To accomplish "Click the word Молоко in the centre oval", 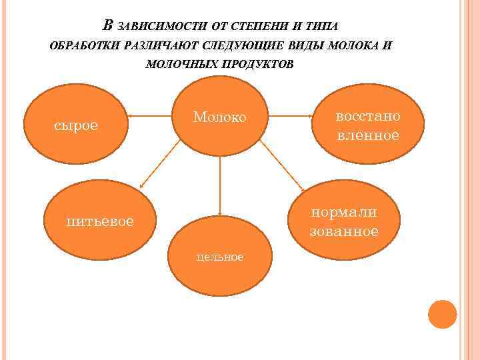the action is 220,117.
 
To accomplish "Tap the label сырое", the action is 76,125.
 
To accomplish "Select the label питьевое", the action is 100,221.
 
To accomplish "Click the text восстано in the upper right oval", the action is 368,116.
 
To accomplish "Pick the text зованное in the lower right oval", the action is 344,232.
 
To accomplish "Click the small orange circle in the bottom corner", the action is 443,314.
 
